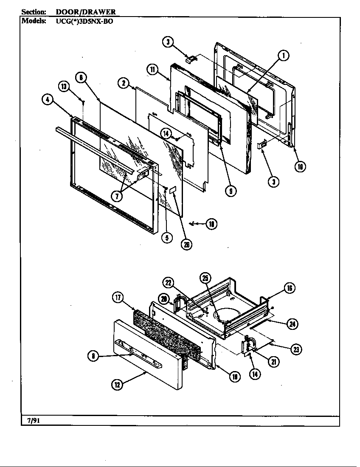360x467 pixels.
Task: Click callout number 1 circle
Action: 283,55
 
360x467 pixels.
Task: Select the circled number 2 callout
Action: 124,83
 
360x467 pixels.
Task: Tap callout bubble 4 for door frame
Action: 48,100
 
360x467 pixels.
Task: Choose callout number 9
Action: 231,191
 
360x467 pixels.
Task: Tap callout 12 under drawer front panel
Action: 117,385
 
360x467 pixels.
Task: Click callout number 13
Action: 64,87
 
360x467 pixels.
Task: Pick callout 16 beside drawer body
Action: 290,288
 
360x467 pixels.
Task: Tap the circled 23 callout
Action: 296,349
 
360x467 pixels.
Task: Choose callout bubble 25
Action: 205,278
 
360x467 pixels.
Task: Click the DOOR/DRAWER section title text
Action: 86,12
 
